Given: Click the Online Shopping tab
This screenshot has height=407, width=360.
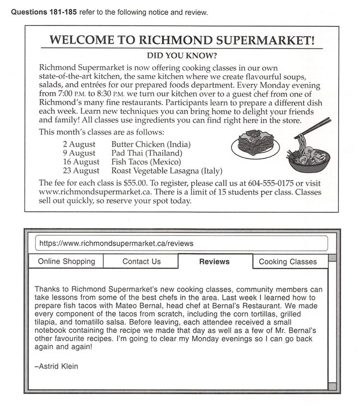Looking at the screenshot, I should tap(66, 262).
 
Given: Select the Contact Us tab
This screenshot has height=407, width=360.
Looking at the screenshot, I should tap(142, 262).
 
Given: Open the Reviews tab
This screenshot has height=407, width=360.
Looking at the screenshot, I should tap(215, 262).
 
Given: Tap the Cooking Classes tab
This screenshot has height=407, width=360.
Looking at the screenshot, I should tap(288, 262).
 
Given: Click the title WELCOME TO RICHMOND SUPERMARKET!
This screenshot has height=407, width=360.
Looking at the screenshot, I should tap(182, 40).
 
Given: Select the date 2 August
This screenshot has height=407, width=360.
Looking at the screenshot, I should tap(79, 144).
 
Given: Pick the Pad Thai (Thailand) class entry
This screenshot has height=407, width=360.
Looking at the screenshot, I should tap(147, 153).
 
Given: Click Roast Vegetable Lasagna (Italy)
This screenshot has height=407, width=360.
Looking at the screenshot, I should tap(167, 171).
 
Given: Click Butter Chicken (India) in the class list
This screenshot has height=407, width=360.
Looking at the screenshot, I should tap(150, 144).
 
